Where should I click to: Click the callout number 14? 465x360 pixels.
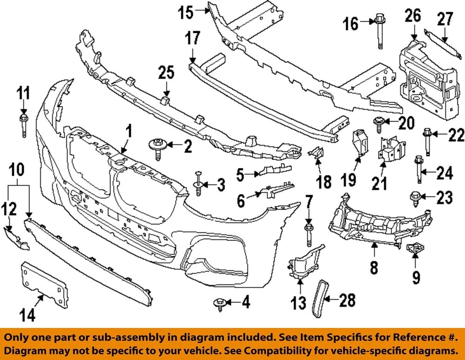pyautogui.click(x=28, y=315)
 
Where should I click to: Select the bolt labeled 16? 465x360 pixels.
pyautogui.click(x=379, y=31)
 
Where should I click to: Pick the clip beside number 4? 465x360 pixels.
pyautogui.click(x=217, y=303)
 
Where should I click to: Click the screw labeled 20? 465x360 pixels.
pyautogui.click(x=378, y=123)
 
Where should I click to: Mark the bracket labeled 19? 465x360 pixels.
pyautogui.click(x=360, y=143)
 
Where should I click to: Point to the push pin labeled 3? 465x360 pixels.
pyautogui.click(x=199, y=184)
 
